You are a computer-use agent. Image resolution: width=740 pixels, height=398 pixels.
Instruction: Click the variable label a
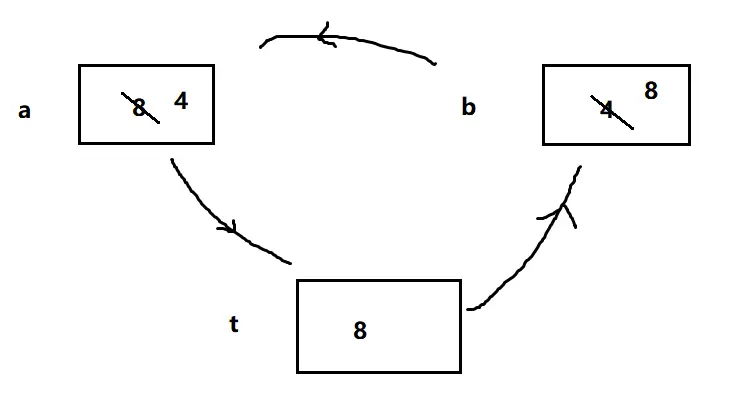[24, 111]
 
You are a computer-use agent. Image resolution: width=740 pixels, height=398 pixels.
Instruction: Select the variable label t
[233, 324]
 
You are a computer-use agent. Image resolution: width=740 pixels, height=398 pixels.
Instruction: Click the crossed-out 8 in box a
[140, 107]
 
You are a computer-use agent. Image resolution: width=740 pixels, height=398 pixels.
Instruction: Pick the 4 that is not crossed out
[181, 100]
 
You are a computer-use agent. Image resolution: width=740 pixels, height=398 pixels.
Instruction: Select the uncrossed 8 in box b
[650, 91]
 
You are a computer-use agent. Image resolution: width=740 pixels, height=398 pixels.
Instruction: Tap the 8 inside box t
[360, 330]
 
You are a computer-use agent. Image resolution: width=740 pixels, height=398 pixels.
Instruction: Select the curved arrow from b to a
[350, 41]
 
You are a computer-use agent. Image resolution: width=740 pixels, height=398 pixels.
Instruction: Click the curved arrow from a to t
[220, 220]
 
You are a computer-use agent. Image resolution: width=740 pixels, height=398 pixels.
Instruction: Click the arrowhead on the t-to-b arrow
[566, 210]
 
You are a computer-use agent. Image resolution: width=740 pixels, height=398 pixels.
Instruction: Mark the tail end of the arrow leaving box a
[173, 161]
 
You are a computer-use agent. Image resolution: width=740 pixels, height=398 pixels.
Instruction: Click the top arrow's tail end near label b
[435, 64]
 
